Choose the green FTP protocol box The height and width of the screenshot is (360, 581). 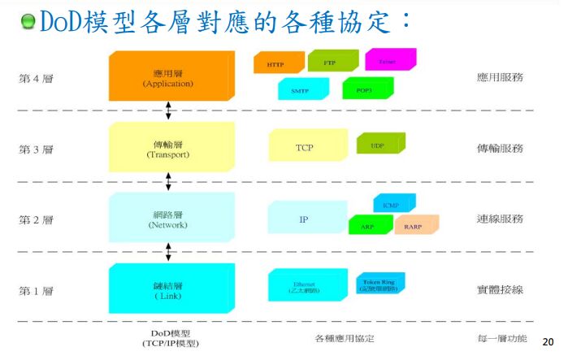click(x=331, y=61)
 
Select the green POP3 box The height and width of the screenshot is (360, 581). click(x=366, y=89)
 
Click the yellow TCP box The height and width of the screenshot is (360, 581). click(x=304, y=147)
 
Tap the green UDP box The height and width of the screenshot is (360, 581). click(x=379, y=145)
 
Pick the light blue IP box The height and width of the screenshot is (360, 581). click(x=303, y=219)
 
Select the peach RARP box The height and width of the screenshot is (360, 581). click(x=415, y=226)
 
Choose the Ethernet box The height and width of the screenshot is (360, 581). click(x=306, y=287)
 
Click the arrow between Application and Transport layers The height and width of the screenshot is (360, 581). click(x=168, y=110)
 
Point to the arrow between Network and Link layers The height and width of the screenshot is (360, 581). click(x=168, y=253)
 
